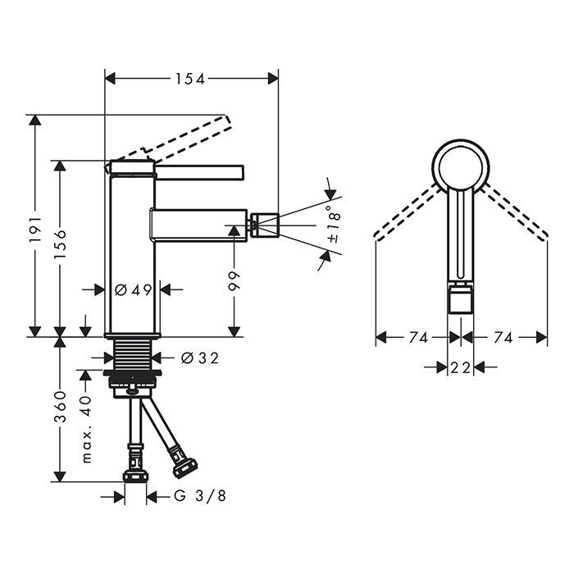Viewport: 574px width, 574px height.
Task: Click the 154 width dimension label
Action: pyautogui.click(x=190, y=79)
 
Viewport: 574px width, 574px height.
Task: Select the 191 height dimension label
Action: pyautogui.click(x=35, y=230)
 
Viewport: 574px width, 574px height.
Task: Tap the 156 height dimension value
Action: pyautogui.click(x=60, y=244)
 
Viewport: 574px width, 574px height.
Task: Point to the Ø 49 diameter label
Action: pyautogui.click(x=133, y=290)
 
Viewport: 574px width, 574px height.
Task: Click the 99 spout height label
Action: pyautogui.click(x=234, y=280)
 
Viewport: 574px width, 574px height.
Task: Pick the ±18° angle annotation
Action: pyautogui.click(x=334, y=225)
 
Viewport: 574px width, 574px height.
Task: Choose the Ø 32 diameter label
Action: pyautogui.click(x=200, y=358)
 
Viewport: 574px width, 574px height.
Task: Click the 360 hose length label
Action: pyautogui.click(x=60, y=407)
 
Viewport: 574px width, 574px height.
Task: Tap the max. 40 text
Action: pyautogui.click(x=86, y=430)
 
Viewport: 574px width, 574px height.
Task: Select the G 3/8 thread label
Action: pyautogui.click(x=200, y=496)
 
